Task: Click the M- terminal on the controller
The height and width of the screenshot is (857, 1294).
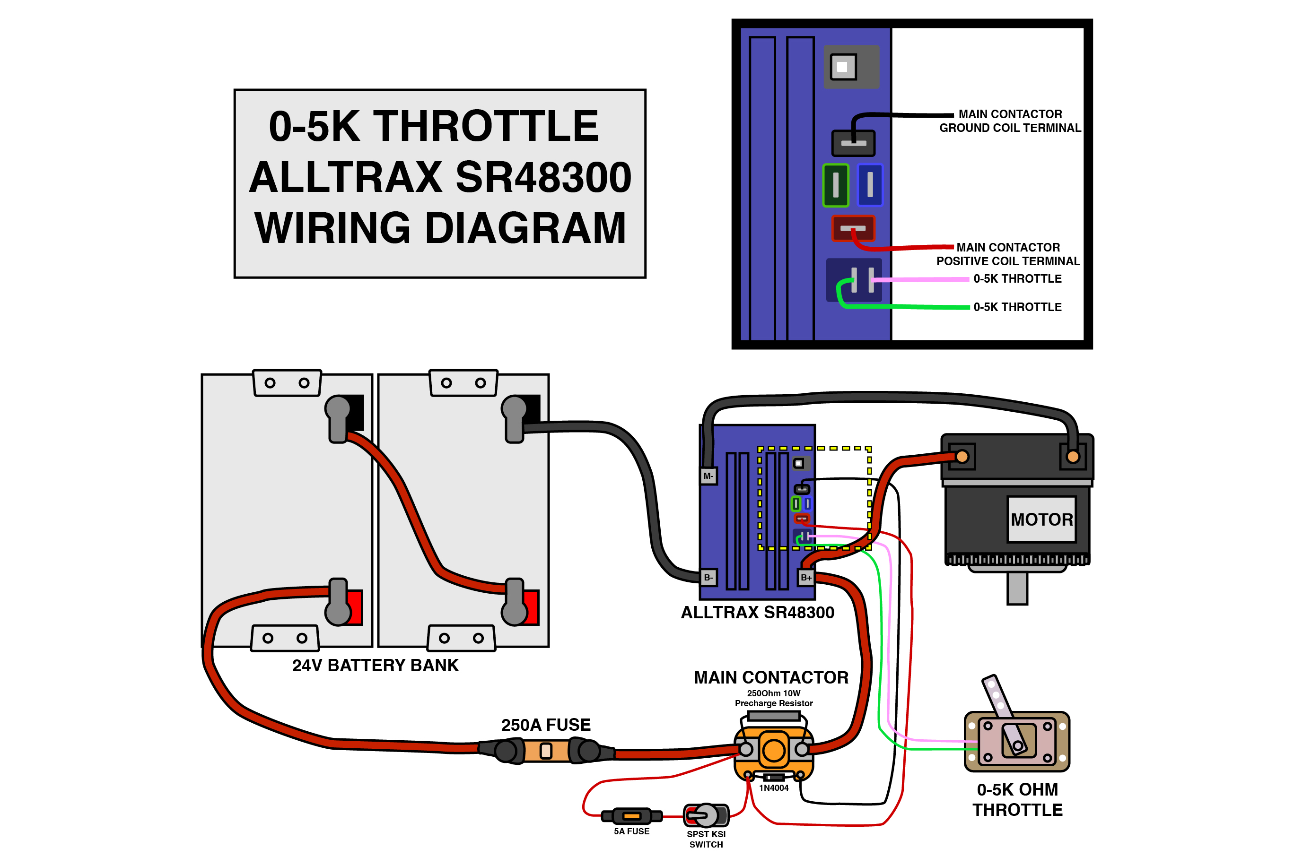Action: (x=708, y=476)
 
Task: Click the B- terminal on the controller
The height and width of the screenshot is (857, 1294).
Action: (x=708, y=578)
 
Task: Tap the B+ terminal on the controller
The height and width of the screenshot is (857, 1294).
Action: (x=806, y=578)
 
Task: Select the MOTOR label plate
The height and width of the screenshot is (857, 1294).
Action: (x=1041, y=519)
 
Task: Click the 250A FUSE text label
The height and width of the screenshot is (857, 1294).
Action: (x=546, y=725)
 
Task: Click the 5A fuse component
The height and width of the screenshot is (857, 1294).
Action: (x=631, y=816)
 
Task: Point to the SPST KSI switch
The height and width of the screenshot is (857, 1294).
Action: (x=706, y=816)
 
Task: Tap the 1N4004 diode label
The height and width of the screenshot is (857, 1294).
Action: (x=774, y=788)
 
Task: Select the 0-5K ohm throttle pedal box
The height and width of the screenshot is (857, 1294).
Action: (x=1017, y=742)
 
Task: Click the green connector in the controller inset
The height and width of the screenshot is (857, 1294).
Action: (x=835, y=185)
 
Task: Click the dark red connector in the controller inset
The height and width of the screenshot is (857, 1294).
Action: (x=853, y=228)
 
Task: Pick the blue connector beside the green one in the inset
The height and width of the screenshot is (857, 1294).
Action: (x=870, y=185)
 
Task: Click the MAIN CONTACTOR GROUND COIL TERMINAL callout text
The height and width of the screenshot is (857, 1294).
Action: (x=1010, y=121)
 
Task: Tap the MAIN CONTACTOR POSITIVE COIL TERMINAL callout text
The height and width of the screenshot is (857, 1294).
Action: (x=1007, y=254)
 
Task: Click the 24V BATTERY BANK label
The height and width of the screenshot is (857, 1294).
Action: (x=375, y=666)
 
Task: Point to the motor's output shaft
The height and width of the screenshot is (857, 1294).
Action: (x=1017, y=588)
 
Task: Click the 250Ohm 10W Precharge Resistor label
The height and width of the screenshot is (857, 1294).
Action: (x=774, y=699)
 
